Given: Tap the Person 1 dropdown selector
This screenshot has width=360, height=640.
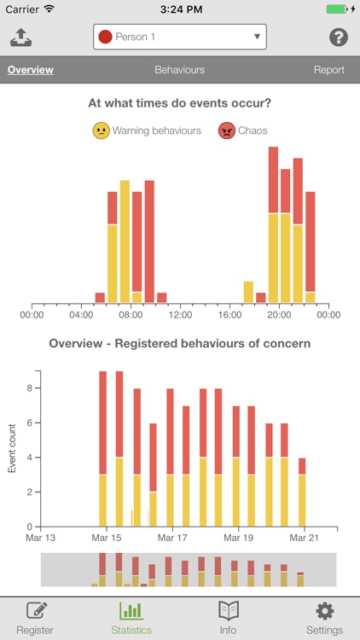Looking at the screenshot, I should click(x=179, y=37).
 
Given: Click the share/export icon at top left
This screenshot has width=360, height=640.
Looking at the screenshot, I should click(x=20, y=38).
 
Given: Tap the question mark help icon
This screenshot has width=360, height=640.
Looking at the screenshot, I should click(x=339, y=38).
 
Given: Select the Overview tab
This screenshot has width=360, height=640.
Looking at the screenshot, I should click(x=31, y=70).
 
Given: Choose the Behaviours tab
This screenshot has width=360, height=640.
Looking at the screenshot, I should click(x=179, y=70).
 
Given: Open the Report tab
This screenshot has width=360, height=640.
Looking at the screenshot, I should click(x=328, y=70).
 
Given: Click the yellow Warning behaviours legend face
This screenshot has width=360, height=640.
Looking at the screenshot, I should click(x=102, y=131).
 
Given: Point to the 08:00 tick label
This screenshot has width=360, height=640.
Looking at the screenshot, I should click(x=131, y=315).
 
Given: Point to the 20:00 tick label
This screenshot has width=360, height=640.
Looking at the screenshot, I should click(x=279, y=315).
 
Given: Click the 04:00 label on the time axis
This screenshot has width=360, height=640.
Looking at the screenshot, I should click(x=81, y=315).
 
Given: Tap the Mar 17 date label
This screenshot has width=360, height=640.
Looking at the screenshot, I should click(x=173, y=538).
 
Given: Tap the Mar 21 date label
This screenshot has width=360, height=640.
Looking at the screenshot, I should click(x=305, y=538).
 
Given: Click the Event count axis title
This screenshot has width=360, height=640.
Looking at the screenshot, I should click(x=12, y=450).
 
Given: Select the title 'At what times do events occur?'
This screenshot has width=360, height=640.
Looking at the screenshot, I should click(x=179, y=103).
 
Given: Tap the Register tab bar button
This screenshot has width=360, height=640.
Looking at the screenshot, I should click(x=35, y=619).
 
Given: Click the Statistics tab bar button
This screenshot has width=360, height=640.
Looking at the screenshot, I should click(x=131, y=619).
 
